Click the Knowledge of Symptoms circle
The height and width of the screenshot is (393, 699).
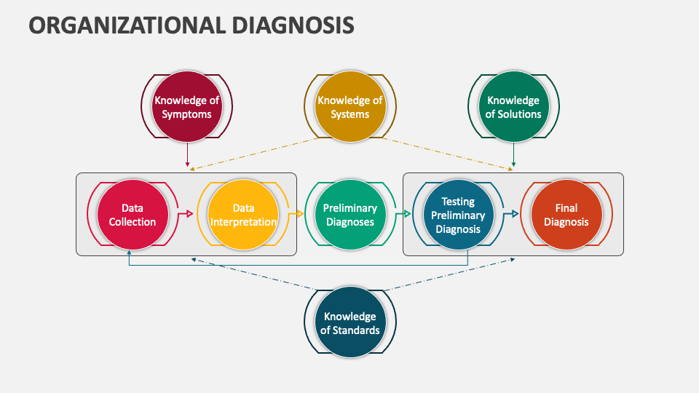click(x=187, y=107)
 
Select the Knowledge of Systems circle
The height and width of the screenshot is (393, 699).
click(x=349, y=107)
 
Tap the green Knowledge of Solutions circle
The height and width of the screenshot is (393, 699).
click(x=513, y=107)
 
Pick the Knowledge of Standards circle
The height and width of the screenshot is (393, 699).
click(x=349, y=322)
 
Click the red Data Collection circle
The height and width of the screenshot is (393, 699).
click(x=133, y=214)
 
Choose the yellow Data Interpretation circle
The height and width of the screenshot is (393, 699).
click(x=243, y=214)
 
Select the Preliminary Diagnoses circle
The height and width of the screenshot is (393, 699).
click(x=349, y=214)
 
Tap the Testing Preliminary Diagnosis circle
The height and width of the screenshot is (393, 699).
click(x=458, y=214)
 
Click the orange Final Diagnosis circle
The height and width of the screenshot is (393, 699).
click(x=566, y=214)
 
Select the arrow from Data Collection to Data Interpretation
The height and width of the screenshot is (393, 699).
click(x=186, y=214)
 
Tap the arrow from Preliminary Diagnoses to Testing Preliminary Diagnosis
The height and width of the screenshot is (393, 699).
click(x=403, y=214)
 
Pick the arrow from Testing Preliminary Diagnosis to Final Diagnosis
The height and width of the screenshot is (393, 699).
click(x=511, y=214)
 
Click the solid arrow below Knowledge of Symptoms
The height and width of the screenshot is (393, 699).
click(x=187, y=154)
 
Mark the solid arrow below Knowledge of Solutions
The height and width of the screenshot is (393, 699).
click(x=513, y=154)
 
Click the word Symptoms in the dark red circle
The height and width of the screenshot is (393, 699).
click(x=187, y=114)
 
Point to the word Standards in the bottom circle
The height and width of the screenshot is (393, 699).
click(x=349, y=330)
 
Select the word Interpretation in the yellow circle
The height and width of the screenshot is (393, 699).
click(x=243, y=222)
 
